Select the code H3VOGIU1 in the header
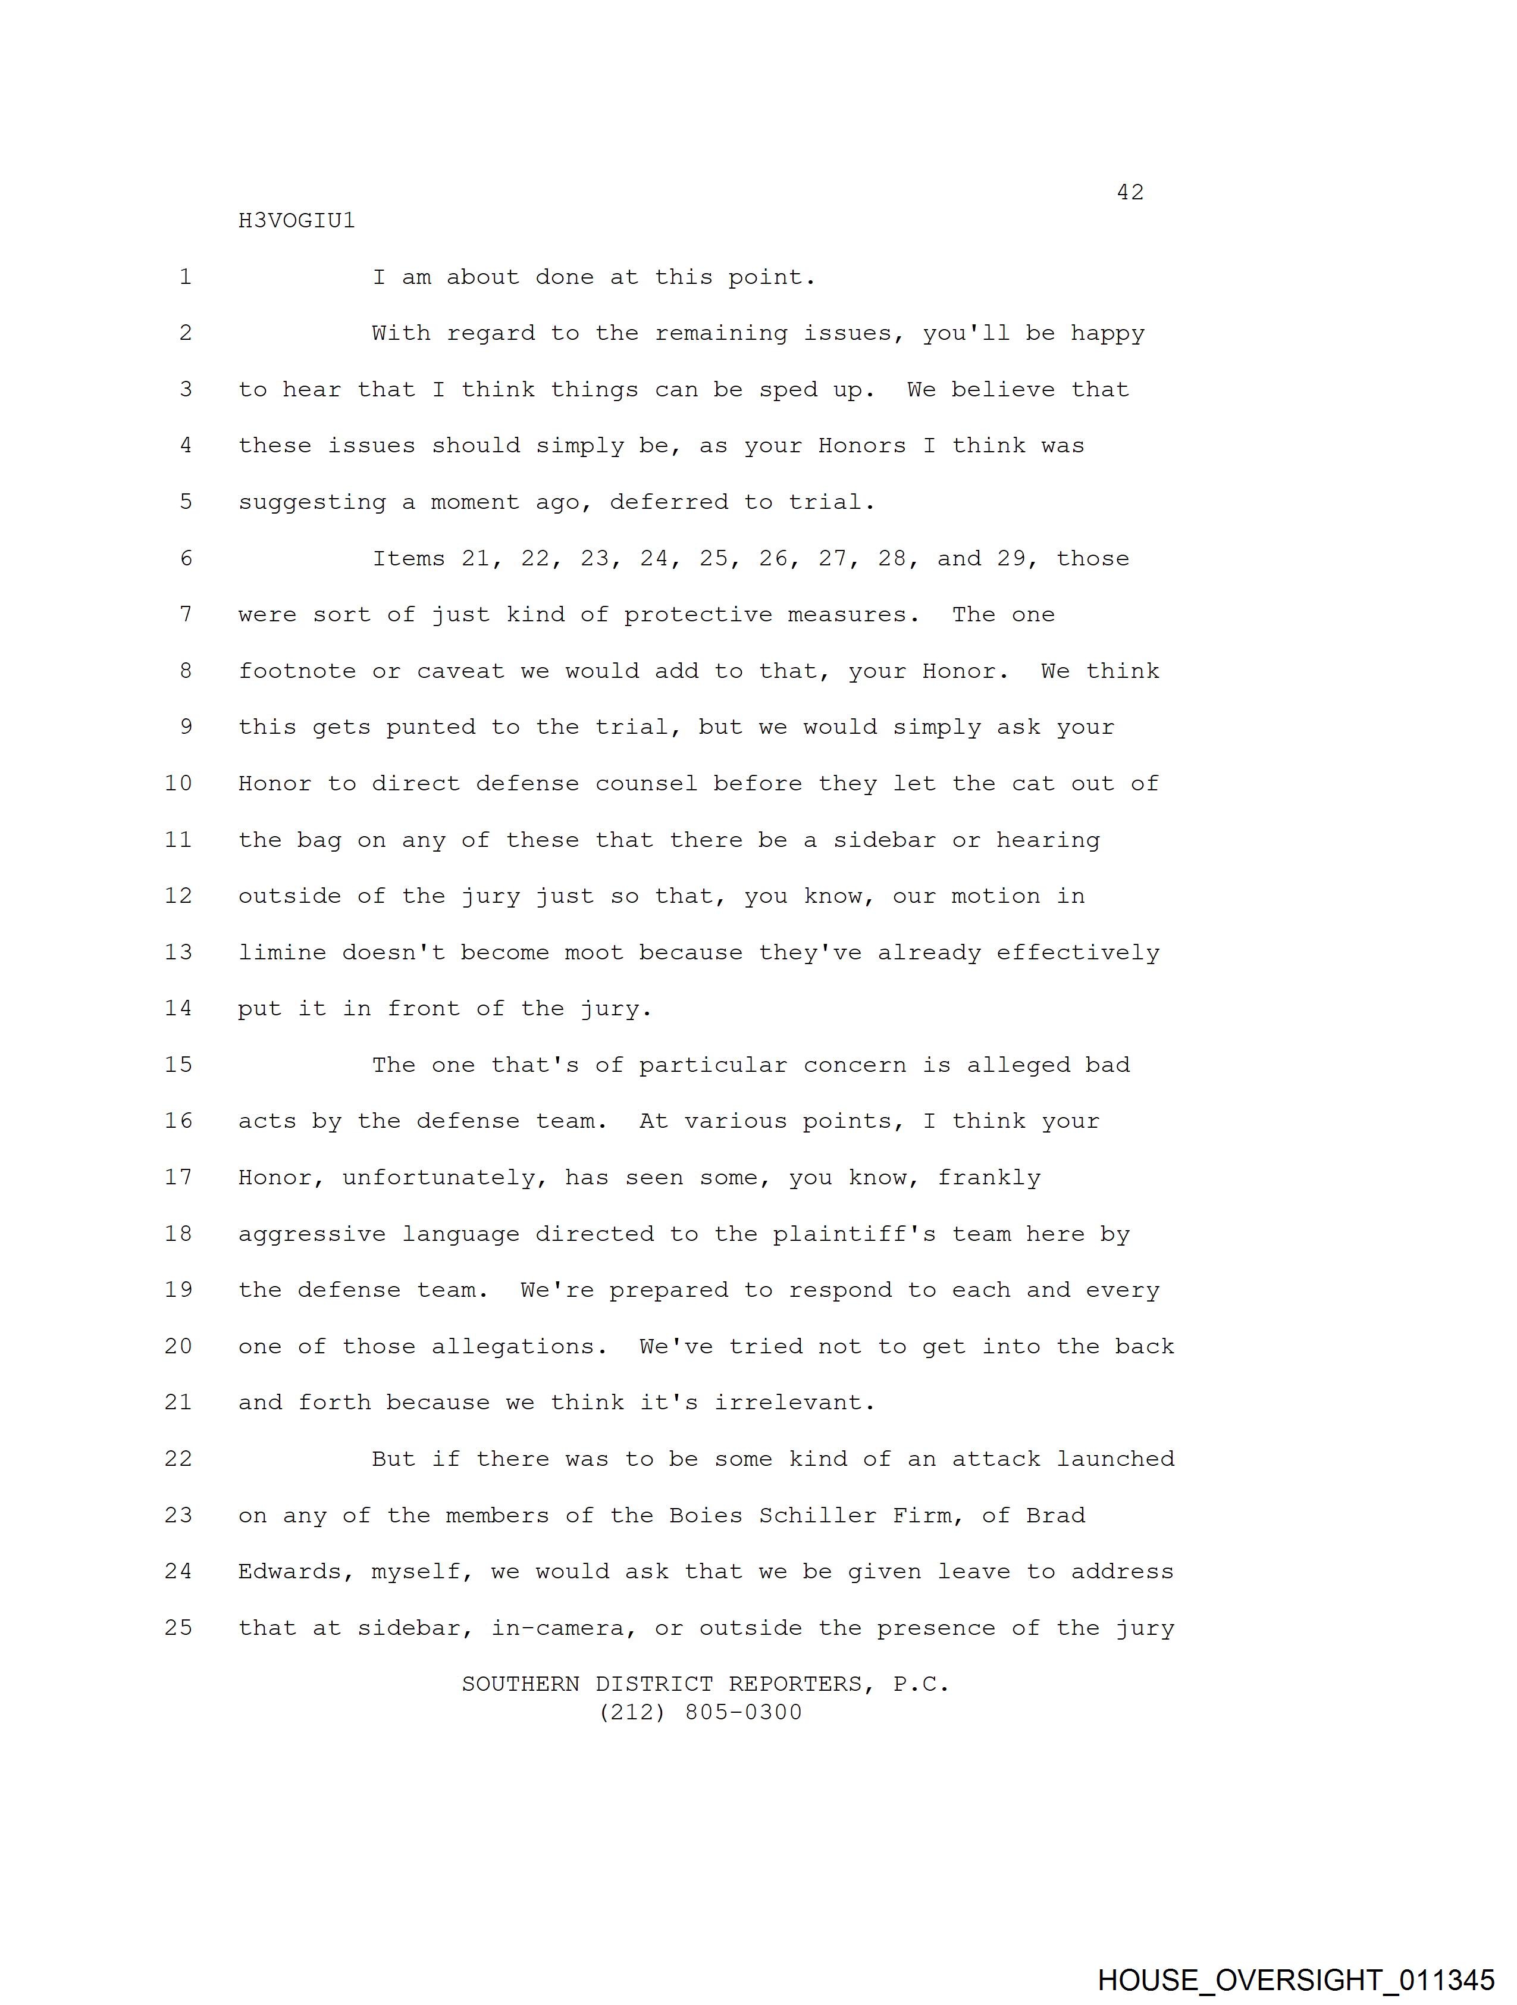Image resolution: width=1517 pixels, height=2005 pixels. pos(296,221)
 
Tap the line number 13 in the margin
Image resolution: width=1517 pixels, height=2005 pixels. pos(178,952)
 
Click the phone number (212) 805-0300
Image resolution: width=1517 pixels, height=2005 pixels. pos(701,1712)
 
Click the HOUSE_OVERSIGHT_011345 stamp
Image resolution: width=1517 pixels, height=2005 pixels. pos(1296,1979)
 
